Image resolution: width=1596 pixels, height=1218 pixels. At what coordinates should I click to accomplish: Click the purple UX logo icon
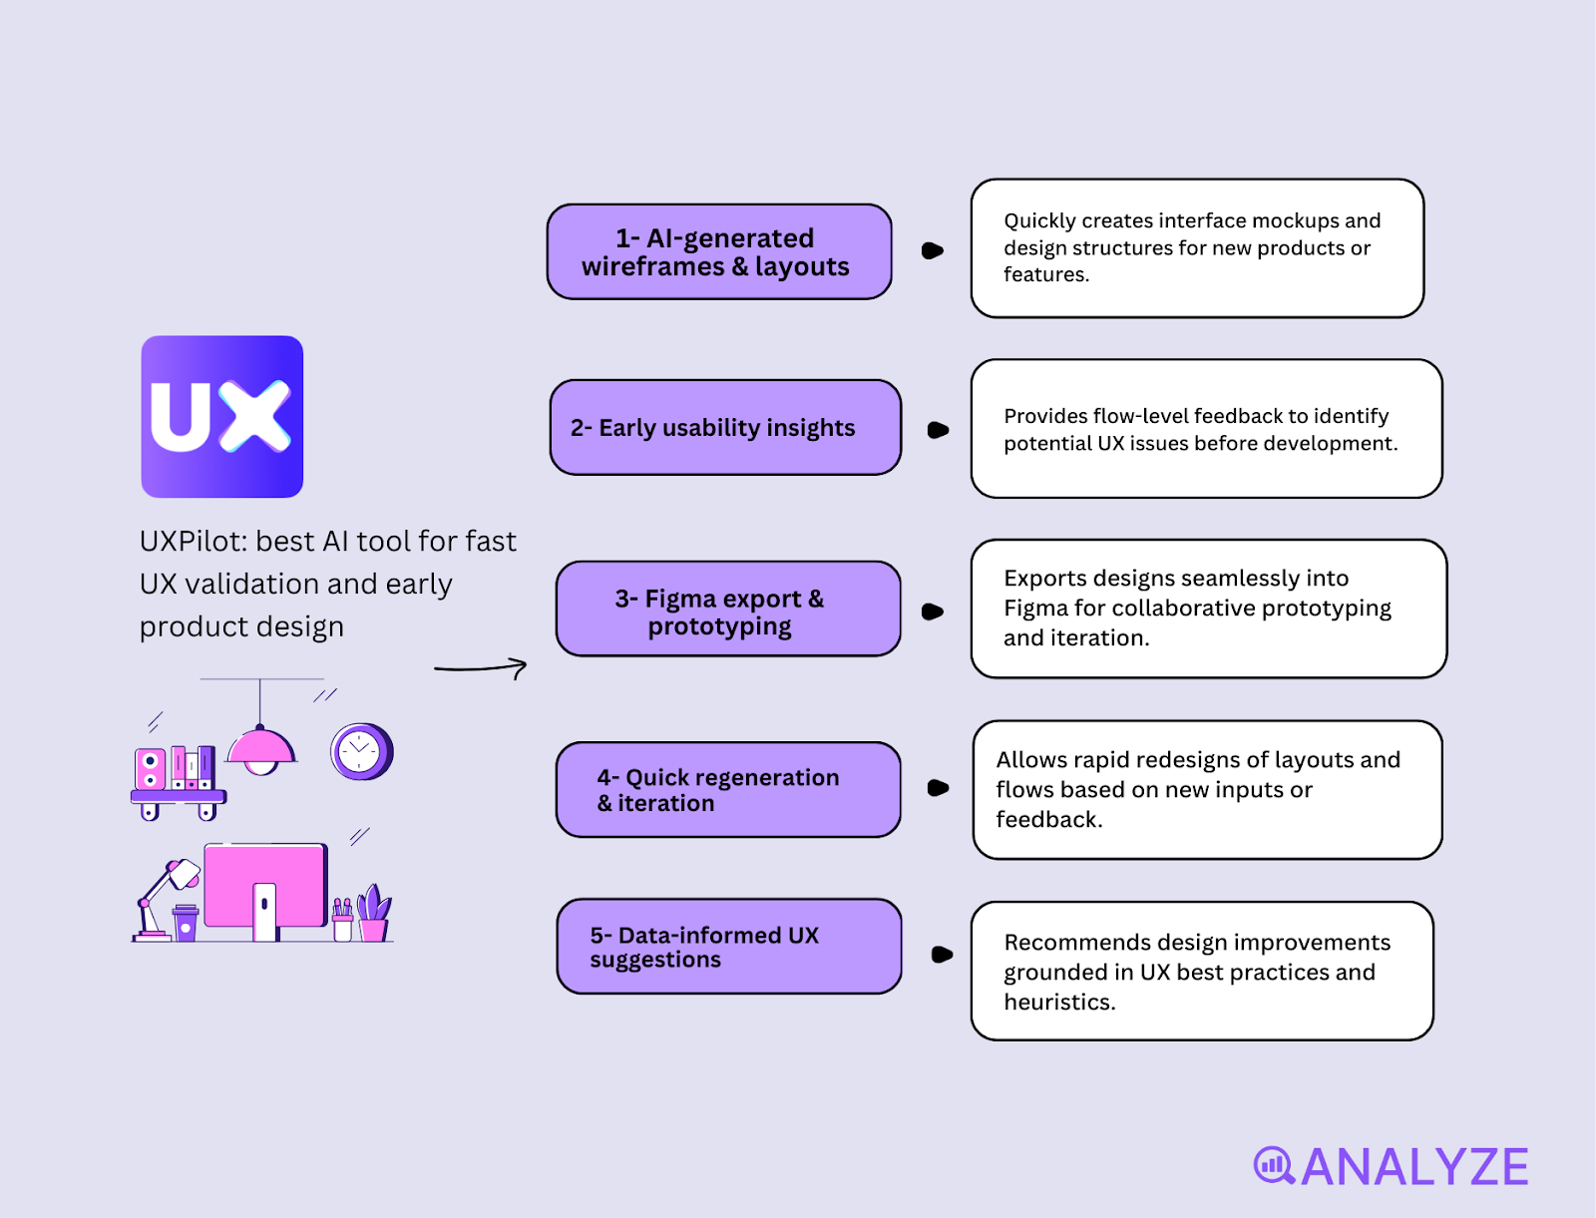222,416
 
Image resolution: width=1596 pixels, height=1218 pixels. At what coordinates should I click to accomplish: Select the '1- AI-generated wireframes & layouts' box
718,251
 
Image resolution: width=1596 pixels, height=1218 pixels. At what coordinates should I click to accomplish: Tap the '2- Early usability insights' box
725,427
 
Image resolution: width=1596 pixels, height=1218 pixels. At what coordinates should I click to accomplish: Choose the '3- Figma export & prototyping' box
728,609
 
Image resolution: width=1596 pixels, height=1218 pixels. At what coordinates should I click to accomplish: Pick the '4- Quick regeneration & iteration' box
728,789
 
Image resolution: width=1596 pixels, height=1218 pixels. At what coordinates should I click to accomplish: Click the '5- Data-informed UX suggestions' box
728,946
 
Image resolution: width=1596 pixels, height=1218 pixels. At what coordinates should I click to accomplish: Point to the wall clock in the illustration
360,751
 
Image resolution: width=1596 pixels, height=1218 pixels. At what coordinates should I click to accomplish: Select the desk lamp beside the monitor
165,898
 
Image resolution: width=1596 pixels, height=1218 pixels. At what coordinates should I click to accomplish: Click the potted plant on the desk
374,913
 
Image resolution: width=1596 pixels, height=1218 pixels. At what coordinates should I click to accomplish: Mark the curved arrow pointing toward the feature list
481,667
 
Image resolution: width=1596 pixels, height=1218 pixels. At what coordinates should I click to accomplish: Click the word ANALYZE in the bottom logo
1414,1167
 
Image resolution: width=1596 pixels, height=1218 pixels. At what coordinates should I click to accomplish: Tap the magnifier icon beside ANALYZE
1274,1165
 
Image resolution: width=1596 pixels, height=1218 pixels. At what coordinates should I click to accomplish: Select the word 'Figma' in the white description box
1034,609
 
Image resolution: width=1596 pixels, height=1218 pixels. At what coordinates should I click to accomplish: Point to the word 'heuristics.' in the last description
1059,1002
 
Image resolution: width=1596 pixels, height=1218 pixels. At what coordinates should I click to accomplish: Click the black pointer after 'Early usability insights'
938,430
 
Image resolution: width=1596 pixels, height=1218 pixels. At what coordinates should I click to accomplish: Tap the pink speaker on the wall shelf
151,769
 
